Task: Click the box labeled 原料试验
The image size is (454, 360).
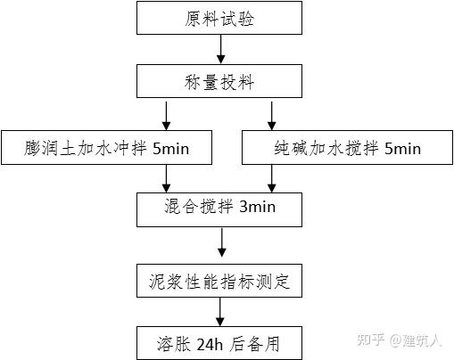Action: tap(219, 19)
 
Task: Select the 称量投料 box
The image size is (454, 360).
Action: tap(219, 82)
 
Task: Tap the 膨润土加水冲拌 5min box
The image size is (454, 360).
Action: tap(106, 148)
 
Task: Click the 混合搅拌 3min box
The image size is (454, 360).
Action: tap(219, 208)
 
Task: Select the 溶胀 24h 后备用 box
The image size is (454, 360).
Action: tap(219, 341)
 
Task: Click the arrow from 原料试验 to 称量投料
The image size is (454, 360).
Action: tap(219, 51)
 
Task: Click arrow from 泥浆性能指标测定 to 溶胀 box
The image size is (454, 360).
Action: tap(219, 311)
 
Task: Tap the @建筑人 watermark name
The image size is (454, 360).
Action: tap(417, 340)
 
